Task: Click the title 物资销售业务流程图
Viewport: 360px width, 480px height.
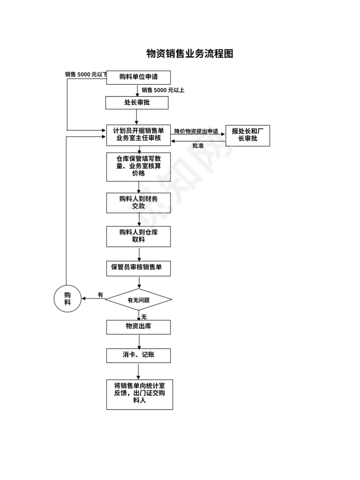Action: tap(190, 54)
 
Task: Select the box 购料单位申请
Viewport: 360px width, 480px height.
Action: tap(138, 78)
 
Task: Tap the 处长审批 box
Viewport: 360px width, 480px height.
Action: tap(137, 103)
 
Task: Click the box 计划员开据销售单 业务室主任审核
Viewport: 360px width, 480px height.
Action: tap(138, 135)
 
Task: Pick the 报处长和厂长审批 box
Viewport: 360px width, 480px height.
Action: tap(248, 135)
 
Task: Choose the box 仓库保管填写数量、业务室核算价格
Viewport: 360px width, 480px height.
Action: tap(138, 166)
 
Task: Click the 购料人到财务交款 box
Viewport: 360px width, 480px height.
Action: tap(138, 203)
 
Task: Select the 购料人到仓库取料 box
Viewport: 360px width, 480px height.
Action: tap(138, 236)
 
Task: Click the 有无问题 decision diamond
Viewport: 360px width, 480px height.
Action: tap(139, 299)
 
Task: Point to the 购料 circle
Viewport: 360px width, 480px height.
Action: tap(67, 299)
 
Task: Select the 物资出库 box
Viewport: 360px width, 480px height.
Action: tap(138, 327)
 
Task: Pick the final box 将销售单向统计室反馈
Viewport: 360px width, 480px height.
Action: tap(139, 394)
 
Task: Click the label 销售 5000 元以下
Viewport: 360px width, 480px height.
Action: tap(85, 75)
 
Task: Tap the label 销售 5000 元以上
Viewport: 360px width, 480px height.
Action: tap(163, 90)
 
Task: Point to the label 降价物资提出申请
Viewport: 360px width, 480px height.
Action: tap(196, 131)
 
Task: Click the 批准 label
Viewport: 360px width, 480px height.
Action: tap(198, 146)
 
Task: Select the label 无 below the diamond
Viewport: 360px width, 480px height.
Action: tap(144, 317)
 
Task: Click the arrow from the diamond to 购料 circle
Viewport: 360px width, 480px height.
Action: tap(93, 299)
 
